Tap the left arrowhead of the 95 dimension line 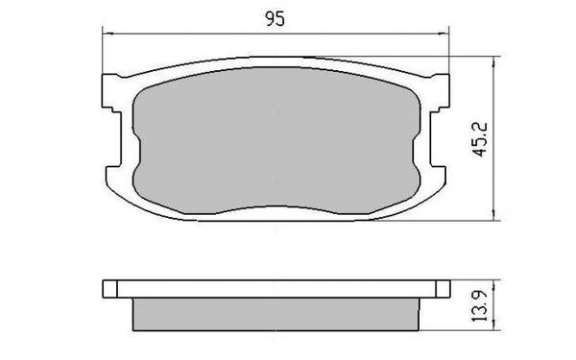(108, 35)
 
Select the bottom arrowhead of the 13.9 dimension (493, 329)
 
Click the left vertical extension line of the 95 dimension (103, 53)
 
